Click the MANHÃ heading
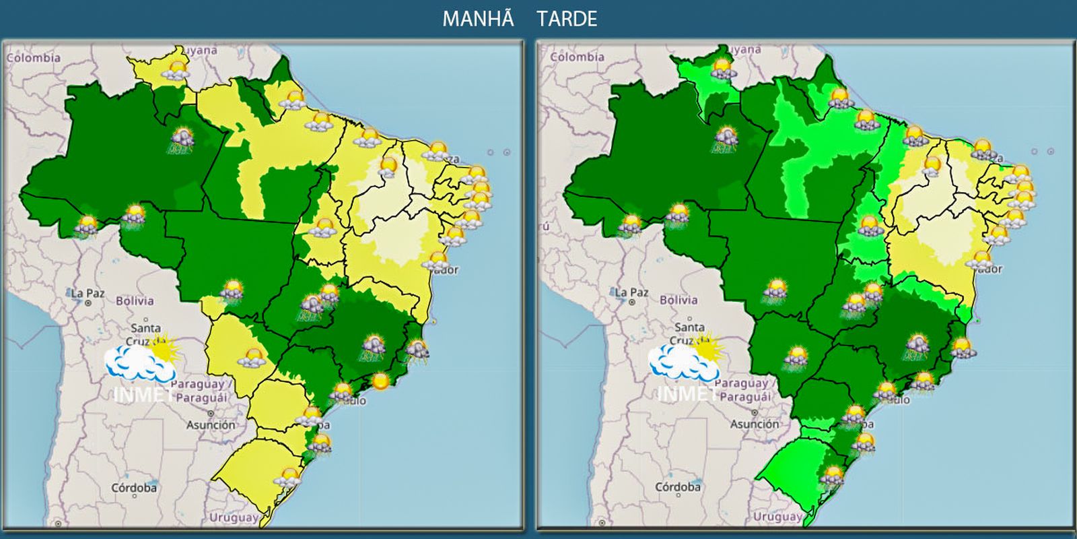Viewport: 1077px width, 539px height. click(478, 19)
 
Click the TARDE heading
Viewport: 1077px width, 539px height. click(567, 19)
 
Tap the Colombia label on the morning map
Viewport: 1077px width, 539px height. click(34, 58)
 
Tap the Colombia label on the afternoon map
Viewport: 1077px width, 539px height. click(578, 57)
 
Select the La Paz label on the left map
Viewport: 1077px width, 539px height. click(88, 294)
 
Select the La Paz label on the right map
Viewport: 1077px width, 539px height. click(631, 292)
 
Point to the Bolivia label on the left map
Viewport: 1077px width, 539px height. click(135, 301)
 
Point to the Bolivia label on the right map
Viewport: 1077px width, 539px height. click(679, 300)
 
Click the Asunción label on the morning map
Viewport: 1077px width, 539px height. click(211, 425)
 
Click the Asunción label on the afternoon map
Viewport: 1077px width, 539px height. click(755, 424)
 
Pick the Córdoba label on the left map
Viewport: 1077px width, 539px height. click(134, 487)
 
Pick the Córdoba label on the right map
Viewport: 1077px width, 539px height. click(678, 486)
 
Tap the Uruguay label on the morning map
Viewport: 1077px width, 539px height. click(233, 517)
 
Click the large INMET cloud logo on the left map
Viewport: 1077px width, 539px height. click(141, 364)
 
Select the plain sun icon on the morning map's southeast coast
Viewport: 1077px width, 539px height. click(380, 381)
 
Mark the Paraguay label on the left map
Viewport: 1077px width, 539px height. click(198, 384)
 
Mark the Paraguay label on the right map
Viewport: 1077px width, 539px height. click(742, 383)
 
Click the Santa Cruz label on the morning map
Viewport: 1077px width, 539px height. click(144, 334)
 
